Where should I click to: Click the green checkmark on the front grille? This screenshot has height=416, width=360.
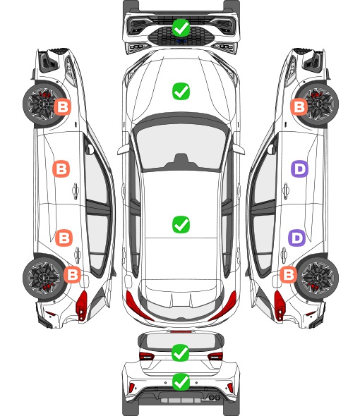pos(181,27)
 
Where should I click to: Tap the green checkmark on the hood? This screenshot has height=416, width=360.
pos(181,91)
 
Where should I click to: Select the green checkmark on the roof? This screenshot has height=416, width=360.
pos(181,224)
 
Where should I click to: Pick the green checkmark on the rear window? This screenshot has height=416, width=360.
pos(181,353)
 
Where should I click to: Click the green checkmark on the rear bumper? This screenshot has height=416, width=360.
pos(181,381)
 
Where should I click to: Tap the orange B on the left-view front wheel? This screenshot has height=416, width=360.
pos(63,107)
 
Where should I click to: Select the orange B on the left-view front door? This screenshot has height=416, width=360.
pos(61,169)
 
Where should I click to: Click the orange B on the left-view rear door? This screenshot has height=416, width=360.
pos(64,238)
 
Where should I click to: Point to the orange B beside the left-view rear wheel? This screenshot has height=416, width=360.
pos(72,274)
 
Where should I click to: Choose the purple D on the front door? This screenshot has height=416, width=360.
pos(299,169)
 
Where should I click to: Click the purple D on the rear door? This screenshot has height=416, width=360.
pos(296,238)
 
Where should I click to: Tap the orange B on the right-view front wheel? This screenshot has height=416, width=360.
pos(299,107)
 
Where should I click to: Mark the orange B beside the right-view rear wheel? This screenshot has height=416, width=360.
pos(288,274)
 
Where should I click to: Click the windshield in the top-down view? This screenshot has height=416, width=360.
pos(181,146)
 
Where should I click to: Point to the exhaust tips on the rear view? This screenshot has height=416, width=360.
pos(214,398)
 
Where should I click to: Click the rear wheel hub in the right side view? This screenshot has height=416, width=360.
pos(319,278)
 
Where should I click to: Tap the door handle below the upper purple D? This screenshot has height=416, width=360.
pos(286,190)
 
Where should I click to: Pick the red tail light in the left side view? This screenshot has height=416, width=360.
pos(82,305)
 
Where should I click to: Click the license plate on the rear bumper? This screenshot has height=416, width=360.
pos(181,400)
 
